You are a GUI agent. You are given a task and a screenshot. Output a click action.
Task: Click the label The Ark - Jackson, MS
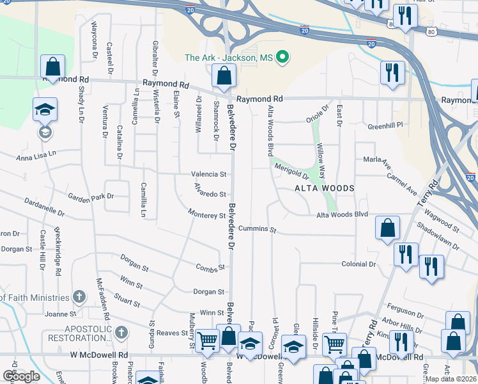(x=228, y=58)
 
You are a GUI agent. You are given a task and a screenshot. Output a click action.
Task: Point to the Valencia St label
(x=208, y=174)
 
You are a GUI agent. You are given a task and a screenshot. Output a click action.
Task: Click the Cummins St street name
(x=257, y=229)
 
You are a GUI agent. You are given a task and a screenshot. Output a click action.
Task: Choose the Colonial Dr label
(x=358, y=264)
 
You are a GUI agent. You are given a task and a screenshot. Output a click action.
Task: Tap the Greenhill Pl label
(x=386, y=125)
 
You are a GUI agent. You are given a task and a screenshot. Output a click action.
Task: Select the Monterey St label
(x=207, y=214)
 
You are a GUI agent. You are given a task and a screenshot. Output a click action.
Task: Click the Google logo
(x=21, y=376)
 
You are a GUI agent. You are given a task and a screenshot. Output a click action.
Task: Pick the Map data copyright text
(x=451, y=378)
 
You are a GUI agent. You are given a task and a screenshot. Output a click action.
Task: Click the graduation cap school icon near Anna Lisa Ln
(x=45, y=109)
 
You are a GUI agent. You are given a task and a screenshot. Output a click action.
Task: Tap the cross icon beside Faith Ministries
(x=79, y=297)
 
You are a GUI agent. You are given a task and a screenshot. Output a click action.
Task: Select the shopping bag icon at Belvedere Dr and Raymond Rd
(x=224, y=78)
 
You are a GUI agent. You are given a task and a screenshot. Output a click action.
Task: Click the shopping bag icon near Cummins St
(x=387, y=228)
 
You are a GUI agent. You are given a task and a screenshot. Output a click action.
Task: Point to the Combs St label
(x=210, y=268)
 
